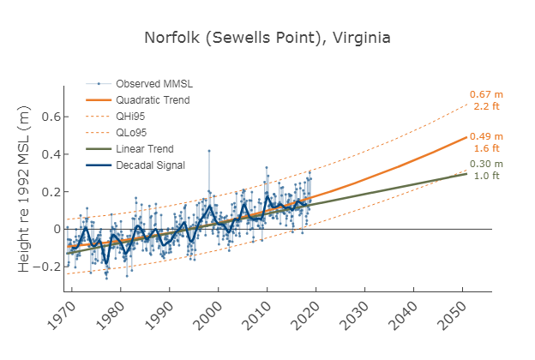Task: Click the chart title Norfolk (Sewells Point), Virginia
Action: [x=267, y=39]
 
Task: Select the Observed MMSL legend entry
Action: [x=153, y=84]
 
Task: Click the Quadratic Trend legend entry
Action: [x=153, y=100]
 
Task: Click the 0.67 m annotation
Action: [x=485, y=94]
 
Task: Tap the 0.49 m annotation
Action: [x=485, y=136]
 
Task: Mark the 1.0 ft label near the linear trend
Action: [x=486, y=177]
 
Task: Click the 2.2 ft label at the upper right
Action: [x=486, y=106]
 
